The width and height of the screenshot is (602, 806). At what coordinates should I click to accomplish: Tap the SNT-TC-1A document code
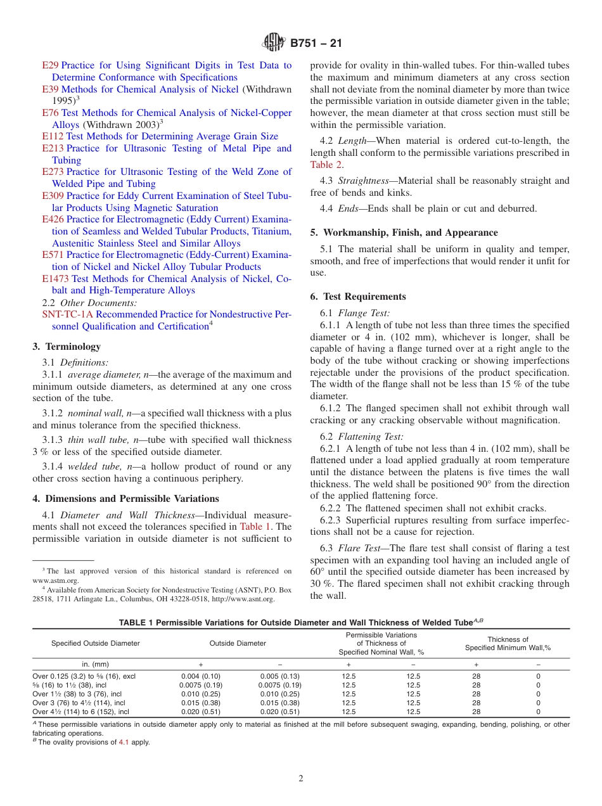68,314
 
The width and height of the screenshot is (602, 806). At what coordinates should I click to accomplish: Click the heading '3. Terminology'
67,347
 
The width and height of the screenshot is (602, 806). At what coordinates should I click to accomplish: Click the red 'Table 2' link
326,165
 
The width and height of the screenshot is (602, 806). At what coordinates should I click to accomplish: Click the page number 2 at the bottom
301,779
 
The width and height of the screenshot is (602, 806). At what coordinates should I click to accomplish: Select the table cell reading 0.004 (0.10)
200,676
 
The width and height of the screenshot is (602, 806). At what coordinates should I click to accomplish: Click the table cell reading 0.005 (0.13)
279,676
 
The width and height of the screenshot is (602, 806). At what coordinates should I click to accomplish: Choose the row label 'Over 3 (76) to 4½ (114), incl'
79,703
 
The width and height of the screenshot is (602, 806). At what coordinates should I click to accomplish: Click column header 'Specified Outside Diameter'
96,643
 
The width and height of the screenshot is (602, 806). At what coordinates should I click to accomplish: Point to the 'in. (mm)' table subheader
96,663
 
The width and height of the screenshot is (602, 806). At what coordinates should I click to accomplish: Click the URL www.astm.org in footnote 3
56,580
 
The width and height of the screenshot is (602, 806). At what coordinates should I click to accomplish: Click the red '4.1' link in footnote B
124,742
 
